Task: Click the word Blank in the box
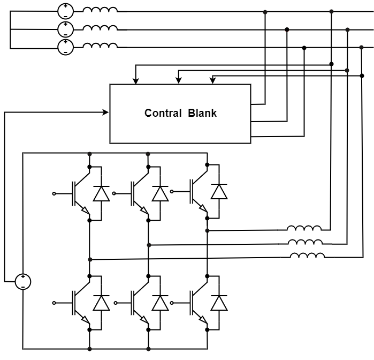[202, 114]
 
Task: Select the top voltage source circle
[65, 11]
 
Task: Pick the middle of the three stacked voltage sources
[65, 28]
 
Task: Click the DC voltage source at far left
[22, 281]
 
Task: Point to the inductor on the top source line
[101, 10]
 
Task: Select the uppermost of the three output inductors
[304, 229]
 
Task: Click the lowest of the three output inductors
[307, 256]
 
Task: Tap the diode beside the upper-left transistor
[101, 193]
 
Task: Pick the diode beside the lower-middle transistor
[160, 303]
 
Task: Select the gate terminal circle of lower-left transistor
[54, 303]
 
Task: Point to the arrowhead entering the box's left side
[106, 112]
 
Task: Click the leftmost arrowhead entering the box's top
[136, 81]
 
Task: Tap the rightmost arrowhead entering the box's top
[213, 81]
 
